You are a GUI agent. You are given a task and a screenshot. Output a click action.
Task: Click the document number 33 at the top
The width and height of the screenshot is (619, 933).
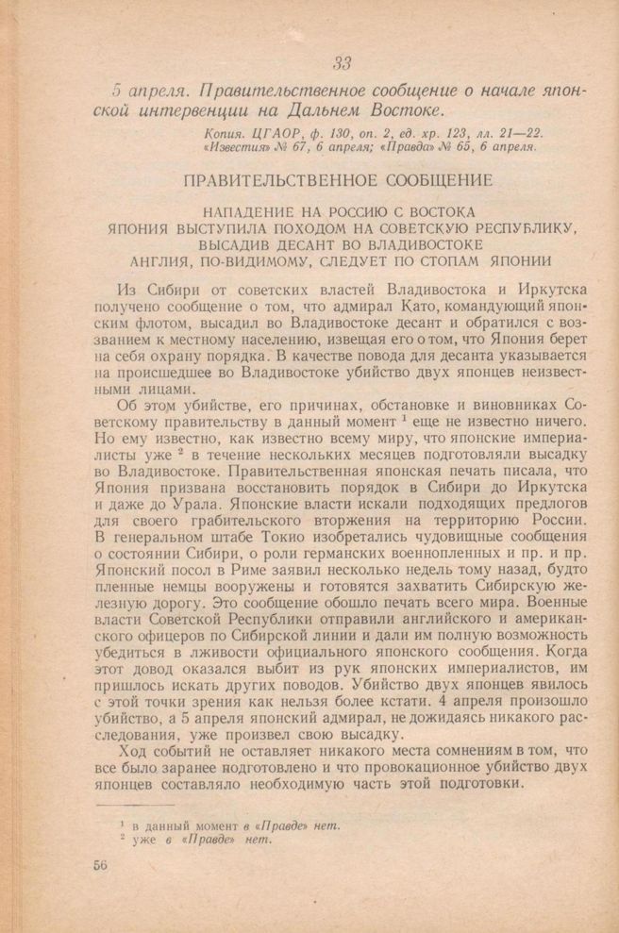click(343, 64)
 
